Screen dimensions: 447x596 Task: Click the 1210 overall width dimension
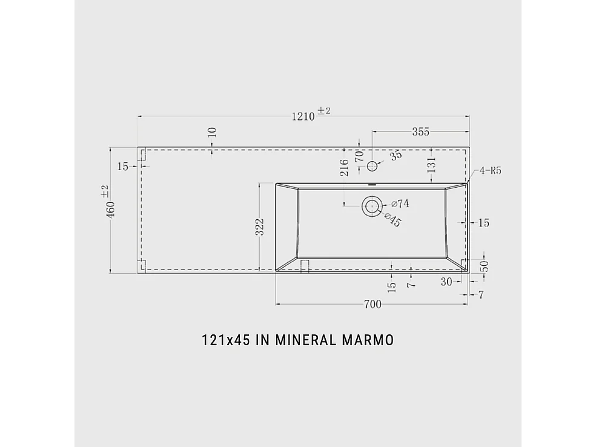(303, 116)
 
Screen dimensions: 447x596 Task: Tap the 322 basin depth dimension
(259, 228)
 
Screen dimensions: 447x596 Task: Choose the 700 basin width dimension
(372, 304)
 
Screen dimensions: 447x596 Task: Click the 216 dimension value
(344, 168)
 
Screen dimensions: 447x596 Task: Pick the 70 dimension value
(359, 155)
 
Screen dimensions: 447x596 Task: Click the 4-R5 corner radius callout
(490, 171)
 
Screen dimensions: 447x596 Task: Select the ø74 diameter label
(400, 204)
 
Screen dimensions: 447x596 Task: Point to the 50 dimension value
(484, 266)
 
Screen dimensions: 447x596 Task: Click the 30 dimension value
(447, 281)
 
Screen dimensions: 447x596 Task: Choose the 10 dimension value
(211, 133)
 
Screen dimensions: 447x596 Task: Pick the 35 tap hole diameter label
(396, 156)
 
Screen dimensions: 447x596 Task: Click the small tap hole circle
(372, 164)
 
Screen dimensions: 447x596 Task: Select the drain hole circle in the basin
(371, 206)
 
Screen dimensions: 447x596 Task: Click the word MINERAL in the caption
(305, 340)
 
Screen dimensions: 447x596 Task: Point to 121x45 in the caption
(227, 340)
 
